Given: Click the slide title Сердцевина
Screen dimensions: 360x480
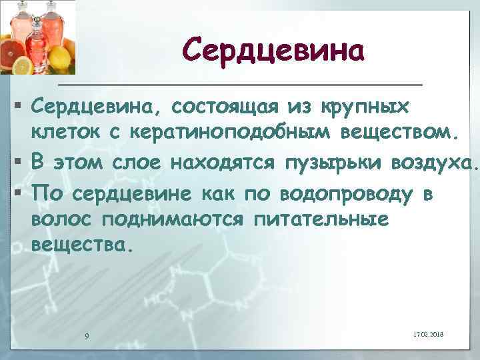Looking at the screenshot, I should click(x=273, y=51).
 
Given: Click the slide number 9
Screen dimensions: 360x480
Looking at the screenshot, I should click(x=87, y=335).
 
